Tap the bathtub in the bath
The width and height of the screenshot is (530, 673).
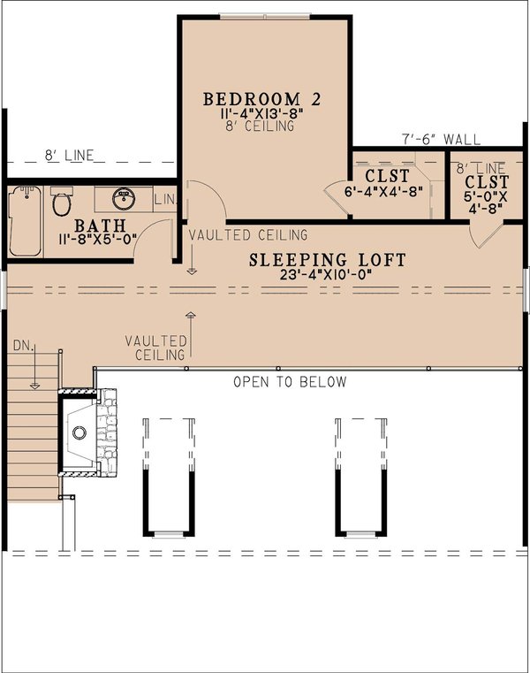[x=25, y=220]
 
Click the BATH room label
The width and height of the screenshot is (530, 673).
[x=99, y=226]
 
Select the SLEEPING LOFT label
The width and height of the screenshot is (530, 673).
[x=327, y=260]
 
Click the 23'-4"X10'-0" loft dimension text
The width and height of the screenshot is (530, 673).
[x=327, y=275]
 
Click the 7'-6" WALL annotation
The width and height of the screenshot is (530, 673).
[x=441, y=139]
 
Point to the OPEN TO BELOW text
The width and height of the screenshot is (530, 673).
[x=290, y=382]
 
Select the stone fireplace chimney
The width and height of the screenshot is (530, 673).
[x=106, y=433]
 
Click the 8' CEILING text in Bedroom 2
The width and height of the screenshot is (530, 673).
[x=261, y=126]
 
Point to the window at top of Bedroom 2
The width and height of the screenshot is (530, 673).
[x=265, y=16]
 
